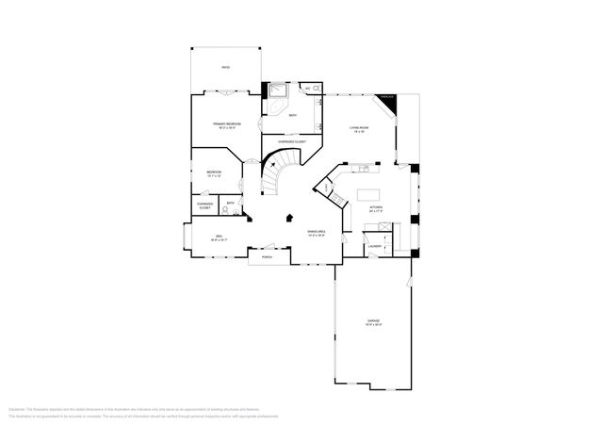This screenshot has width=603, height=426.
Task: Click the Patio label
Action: pos(225,68)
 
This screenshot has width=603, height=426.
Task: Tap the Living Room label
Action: pos(358,129)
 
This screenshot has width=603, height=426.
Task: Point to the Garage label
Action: pos(374,322)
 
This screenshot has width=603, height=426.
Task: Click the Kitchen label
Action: pos(375,209)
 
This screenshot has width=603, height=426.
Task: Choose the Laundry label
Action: pos(374,247)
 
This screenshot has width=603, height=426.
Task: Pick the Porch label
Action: pos(267,256)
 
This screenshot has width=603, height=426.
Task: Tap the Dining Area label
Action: pos(316,233)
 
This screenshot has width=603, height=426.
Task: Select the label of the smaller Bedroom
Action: pos(214,172)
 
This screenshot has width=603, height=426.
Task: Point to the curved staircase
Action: pos(276,175)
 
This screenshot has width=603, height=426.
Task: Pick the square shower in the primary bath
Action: pos(279,90)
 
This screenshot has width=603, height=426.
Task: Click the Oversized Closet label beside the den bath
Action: pos(204,205)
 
